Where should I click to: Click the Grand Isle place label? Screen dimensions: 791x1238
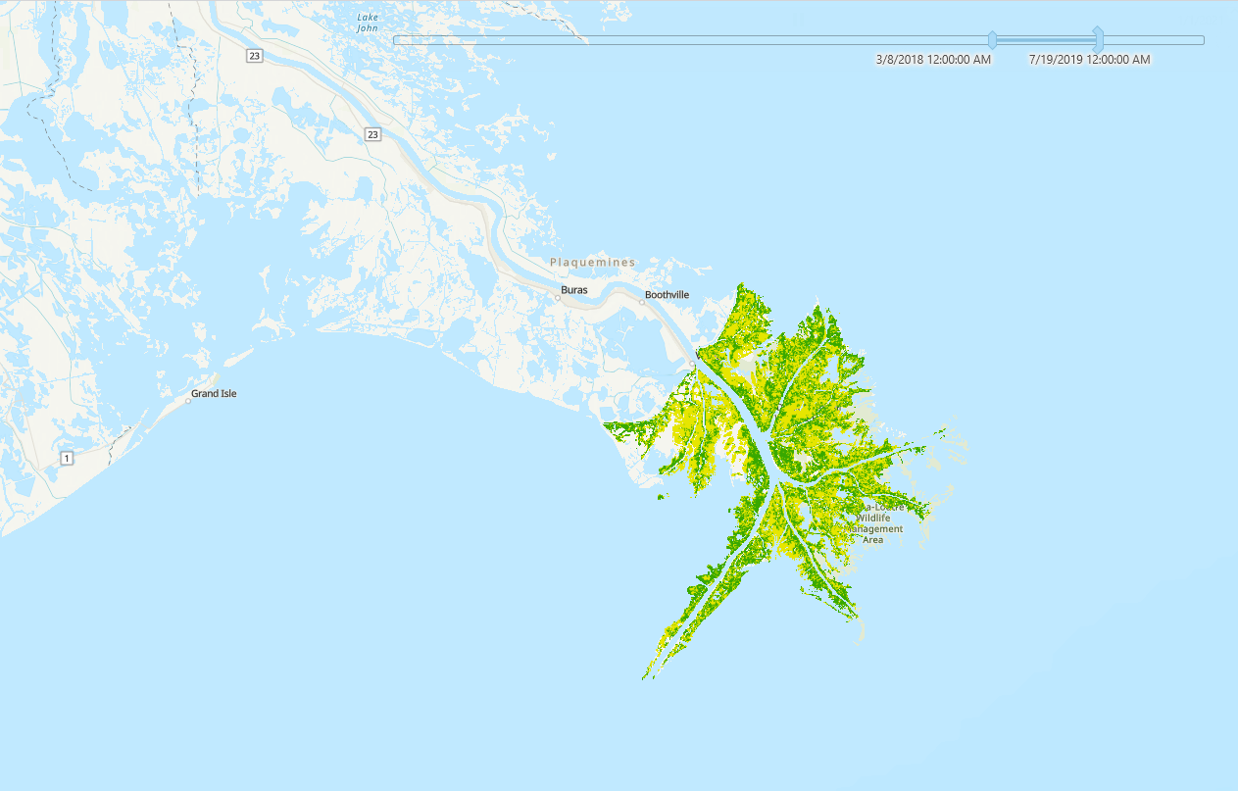tap(214, 394)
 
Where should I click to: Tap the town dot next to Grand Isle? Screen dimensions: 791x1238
tap(188, 401)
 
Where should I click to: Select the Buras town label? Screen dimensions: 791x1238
tap(574, 290)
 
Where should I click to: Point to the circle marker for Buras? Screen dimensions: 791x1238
tap(558, 297)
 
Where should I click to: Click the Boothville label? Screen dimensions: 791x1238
tap(667, 295)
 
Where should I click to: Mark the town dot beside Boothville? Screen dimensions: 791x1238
tap(642, 302)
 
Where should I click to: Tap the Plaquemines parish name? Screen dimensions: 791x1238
tap(592, 263)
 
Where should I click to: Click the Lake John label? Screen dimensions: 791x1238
tap(368, 23)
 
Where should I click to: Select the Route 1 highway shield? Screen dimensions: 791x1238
tap(67, 458)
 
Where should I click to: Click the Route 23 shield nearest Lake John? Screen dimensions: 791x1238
tap(255, 56)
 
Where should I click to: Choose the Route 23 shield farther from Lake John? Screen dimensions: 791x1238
tap(373, 134)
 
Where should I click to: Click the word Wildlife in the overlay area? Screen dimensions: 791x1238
tap(873, 518)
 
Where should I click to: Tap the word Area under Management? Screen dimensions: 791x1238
tap(872, 540)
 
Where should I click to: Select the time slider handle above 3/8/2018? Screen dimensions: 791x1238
tap(992, 40)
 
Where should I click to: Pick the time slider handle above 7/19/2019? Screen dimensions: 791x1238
tap(1098, 40)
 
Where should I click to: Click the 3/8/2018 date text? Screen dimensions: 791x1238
tap(933, 60)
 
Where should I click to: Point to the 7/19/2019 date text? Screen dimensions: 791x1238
tap(1089, 60)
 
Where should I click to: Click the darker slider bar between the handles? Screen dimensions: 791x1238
tap(1045, 40)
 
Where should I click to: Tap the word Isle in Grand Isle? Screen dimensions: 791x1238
tap(227, 394)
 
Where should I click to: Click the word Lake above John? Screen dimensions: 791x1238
tap(368, 17)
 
